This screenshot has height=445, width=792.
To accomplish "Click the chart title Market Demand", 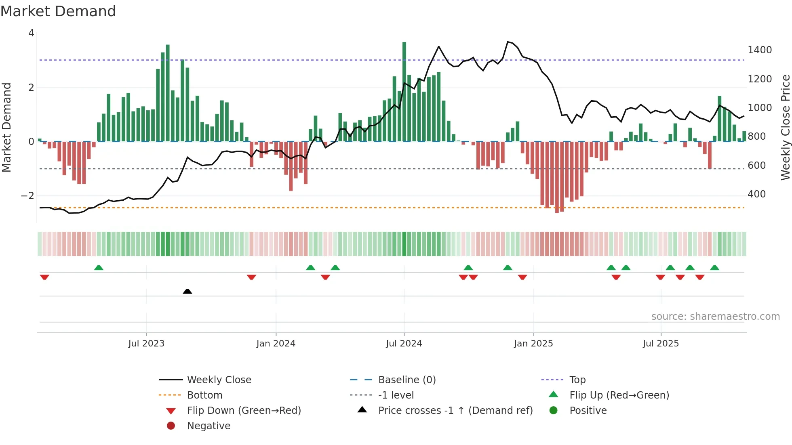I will [58, 11].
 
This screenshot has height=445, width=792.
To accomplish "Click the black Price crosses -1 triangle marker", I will [187, 291].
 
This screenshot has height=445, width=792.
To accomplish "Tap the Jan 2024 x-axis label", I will [276, 344].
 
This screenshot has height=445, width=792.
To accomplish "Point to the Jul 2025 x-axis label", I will [661, 344].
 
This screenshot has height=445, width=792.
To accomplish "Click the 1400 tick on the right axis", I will [760, 50].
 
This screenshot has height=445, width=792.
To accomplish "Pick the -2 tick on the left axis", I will [28, 196].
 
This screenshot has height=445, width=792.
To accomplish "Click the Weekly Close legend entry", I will [219, 380].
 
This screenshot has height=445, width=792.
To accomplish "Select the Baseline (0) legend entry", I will [407, 380].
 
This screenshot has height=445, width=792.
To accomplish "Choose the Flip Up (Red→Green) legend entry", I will [619, 395].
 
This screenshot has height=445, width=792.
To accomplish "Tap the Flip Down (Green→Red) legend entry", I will [244, 411].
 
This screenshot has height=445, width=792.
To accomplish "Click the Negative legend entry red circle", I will [171, 426].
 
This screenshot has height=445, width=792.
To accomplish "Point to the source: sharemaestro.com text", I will [715, 317].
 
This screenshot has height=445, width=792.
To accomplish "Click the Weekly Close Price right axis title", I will [785, 127].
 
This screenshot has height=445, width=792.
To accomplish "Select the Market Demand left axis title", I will [6, 127].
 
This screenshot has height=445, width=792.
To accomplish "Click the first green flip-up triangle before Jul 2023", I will [99, 268].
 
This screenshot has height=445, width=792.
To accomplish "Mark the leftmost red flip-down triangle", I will [44, 277].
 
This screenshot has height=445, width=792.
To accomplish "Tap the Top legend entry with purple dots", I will [577, 380].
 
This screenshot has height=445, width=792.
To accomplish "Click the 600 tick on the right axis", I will [756, 166].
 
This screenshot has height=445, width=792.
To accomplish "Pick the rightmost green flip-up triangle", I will [714, 268].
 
